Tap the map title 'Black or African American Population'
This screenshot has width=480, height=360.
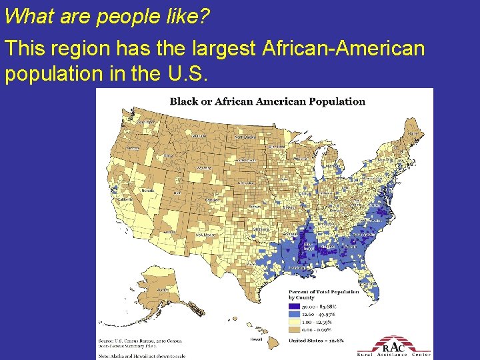pyautogui.click(x=267, y=101)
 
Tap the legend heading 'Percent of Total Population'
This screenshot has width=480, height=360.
pyautogui.click(x=323, y=291)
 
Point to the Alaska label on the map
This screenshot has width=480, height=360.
pyautogui.click(x=162, y=290)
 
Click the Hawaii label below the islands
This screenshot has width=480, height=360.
pyautogui.click(x=256, y=339)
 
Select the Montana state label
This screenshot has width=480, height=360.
pyautogui.click(x=199, y=135)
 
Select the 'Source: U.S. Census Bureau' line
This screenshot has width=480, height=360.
pyautogui.click(x=141, y=340)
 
